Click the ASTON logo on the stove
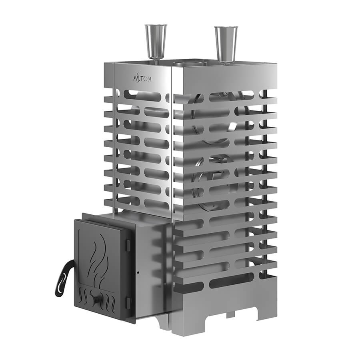(x=142, y=78)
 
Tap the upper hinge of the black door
(x=128, y=245)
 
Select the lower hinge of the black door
(x=128, y=302)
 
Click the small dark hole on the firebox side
(x=138, y=273)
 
